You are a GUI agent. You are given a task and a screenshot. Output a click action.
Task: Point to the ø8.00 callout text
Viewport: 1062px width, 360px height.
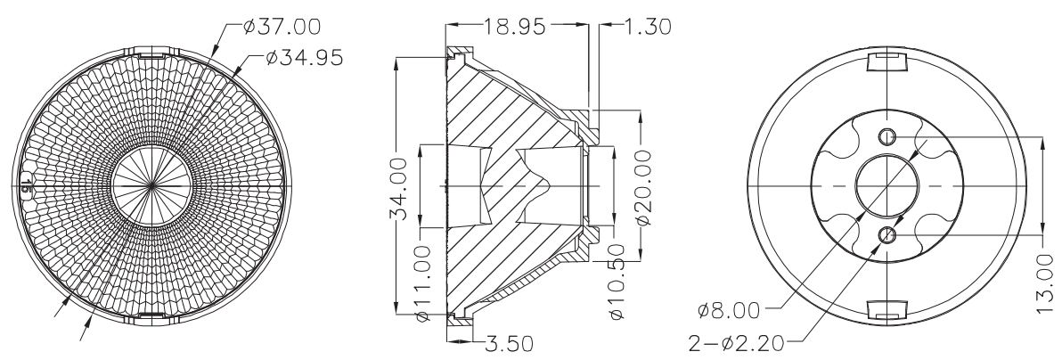[x=728, y=312]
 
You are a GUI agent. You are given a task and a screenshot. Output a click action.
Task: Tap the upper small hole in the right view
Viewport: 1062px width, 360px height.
[x=888, y=135]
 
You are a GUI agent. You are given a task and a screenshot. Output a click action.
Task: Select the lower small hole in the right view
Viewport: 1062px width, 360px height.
[x=888, y=234]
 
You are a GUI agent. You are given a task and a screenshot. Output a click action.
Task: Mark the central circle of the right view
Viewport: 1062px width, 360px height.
[x=888, y=184]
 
